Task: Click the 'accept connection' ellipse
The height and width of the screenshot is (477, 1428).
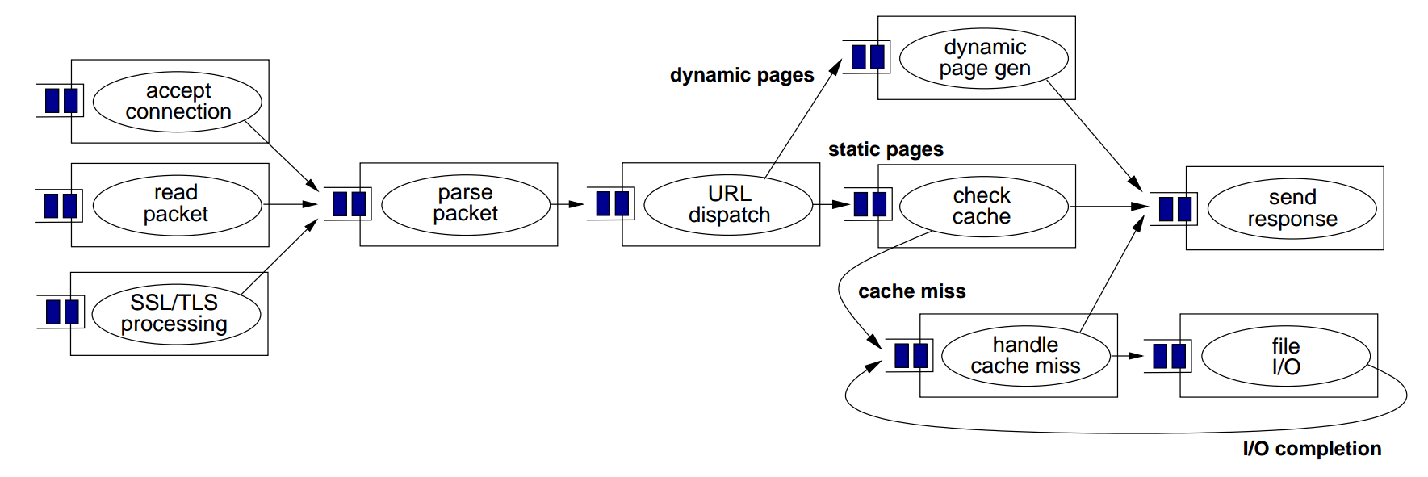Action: click(178, 102)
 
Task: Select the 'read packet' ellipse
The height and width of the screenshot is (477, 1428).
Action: click(177, 204)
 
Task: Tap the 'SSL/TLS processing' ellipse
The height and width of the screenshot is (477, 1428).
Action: click(176, 313)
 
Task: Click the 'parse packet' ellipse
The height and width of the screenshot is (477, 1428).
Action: click(466, 204)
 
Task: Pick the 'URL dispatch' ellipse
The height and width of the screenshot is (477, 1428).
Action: click(728, 205)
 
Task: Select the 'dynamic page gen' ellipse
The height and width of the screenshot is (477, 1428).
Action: click(983, 58)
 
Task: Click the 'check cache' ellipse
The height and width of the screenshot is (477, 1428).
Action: click(982, 207)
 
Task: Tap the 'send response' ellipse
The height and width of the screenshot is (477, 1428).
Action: click(1292, 208)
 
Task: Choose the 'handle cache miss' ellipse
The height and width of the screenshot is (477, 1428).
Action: click(1025, 356)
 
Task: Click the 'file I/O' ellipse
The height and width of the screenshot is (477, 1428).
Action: click(1285, 357)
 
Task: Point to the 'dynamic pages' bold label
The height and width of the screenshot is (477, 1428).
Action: click(742, 75)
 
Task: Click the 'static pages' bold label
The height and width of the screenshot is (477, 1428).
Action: click(886, 149)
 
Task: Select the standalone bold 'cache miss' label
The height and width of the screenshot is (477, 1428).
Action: click(911, 291)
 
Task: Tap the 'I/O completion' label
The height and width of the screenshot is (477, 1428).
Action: click(1312, 449)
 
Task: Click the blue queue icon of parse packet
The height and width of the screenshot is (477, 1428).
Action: click(349, 204)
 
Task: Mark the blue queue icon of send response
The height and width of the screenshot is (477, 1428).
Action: click(1175, 209)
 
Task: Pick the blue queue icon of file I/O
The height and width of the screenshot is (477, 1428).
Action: click(1169, 356)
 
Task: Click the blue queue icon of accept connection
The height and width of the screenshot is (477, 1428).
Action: click(61, 101)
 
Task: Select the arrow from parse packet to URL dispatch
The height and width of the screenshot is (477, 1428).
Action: click(569, 204)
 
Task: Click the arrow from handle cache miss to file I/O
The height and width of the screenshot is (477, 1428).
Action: click(1129, 356)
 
